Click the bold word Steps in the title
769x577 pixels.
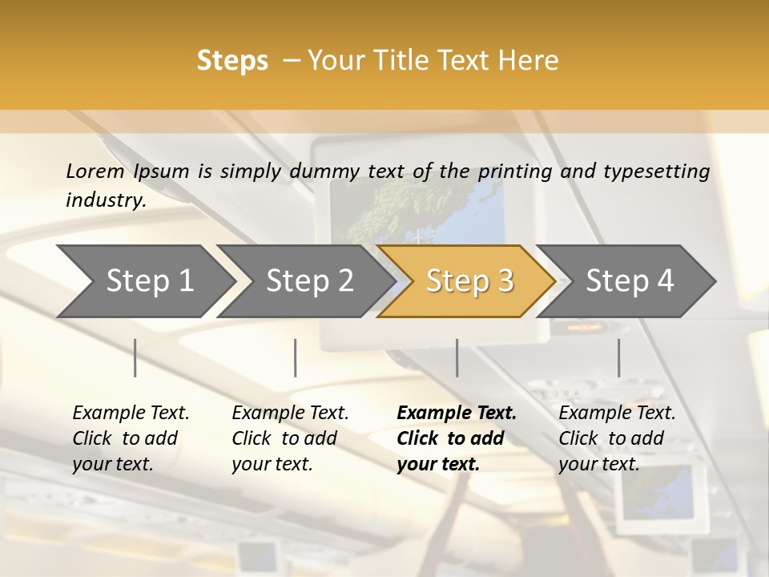point(232,60)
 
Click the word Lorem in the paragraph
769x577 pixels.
point(95,171)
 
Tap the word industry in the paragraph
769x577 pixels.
point(105,200)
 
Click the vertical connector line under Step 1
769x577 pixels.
point(135,357)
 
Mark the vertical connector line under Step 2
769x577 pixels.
point(295,357)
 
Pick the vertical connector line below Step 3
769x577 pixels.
point(457,357)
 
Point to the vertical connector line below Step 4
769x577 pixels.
point(618,357)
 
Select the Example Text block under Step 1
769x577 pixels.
point(131,438)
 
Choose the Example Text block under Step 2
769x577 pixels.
point(290,438)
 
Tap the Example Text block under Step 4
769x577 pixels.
point(617,438)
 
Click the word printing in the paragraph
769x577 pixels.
point(509,171)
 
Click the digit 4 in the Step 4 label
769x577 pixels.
point(665,281)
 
